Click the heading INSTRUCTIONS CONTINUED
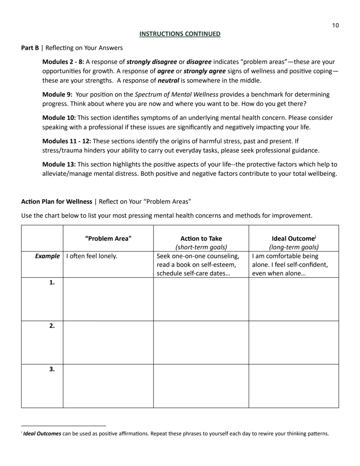[180, 34]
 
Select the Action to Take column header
[201, 238]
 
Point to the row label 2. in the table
[52, 326]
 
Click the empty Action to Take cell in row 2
[201, 343]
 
